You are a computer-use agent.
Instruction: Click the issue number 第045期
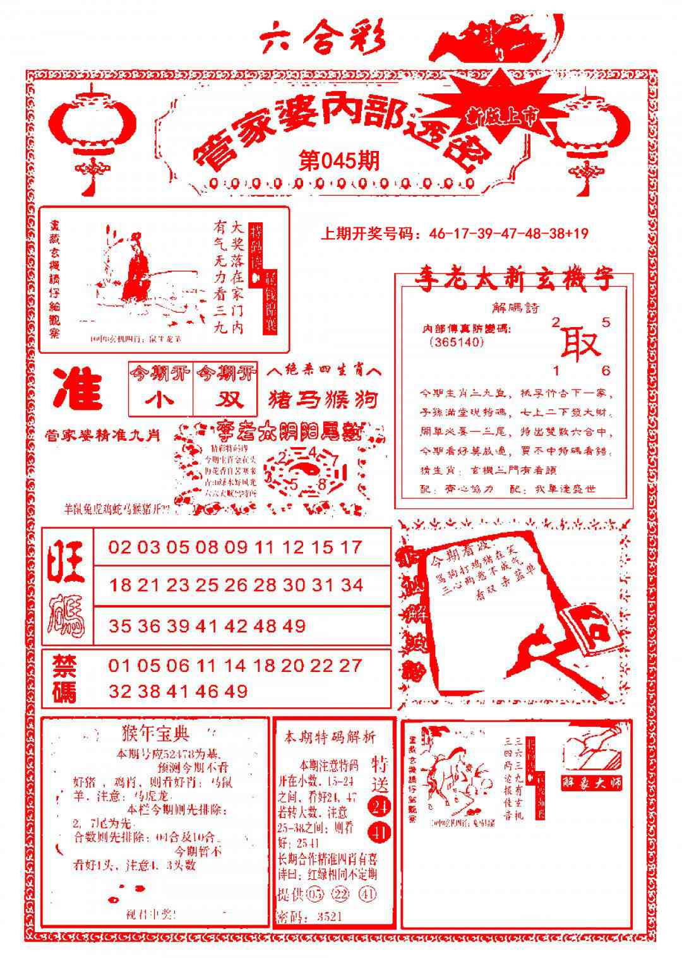pos(339,161)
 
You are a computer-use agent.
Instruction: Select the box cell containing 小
pos(160,400)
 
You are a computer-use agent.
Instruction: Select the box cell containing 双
pos(226,400)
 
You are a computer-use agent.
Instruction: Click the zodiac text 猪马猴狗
pos(323,400)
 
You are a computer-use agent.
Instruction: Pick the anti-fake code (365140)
pos(455,342)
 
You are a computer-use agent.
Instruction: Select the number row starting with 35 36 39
pos(207,626)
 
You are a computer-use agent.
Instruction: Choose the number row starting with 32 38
pos(178,692)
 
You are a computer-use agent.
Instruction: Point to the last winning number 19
pos(580,234)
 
